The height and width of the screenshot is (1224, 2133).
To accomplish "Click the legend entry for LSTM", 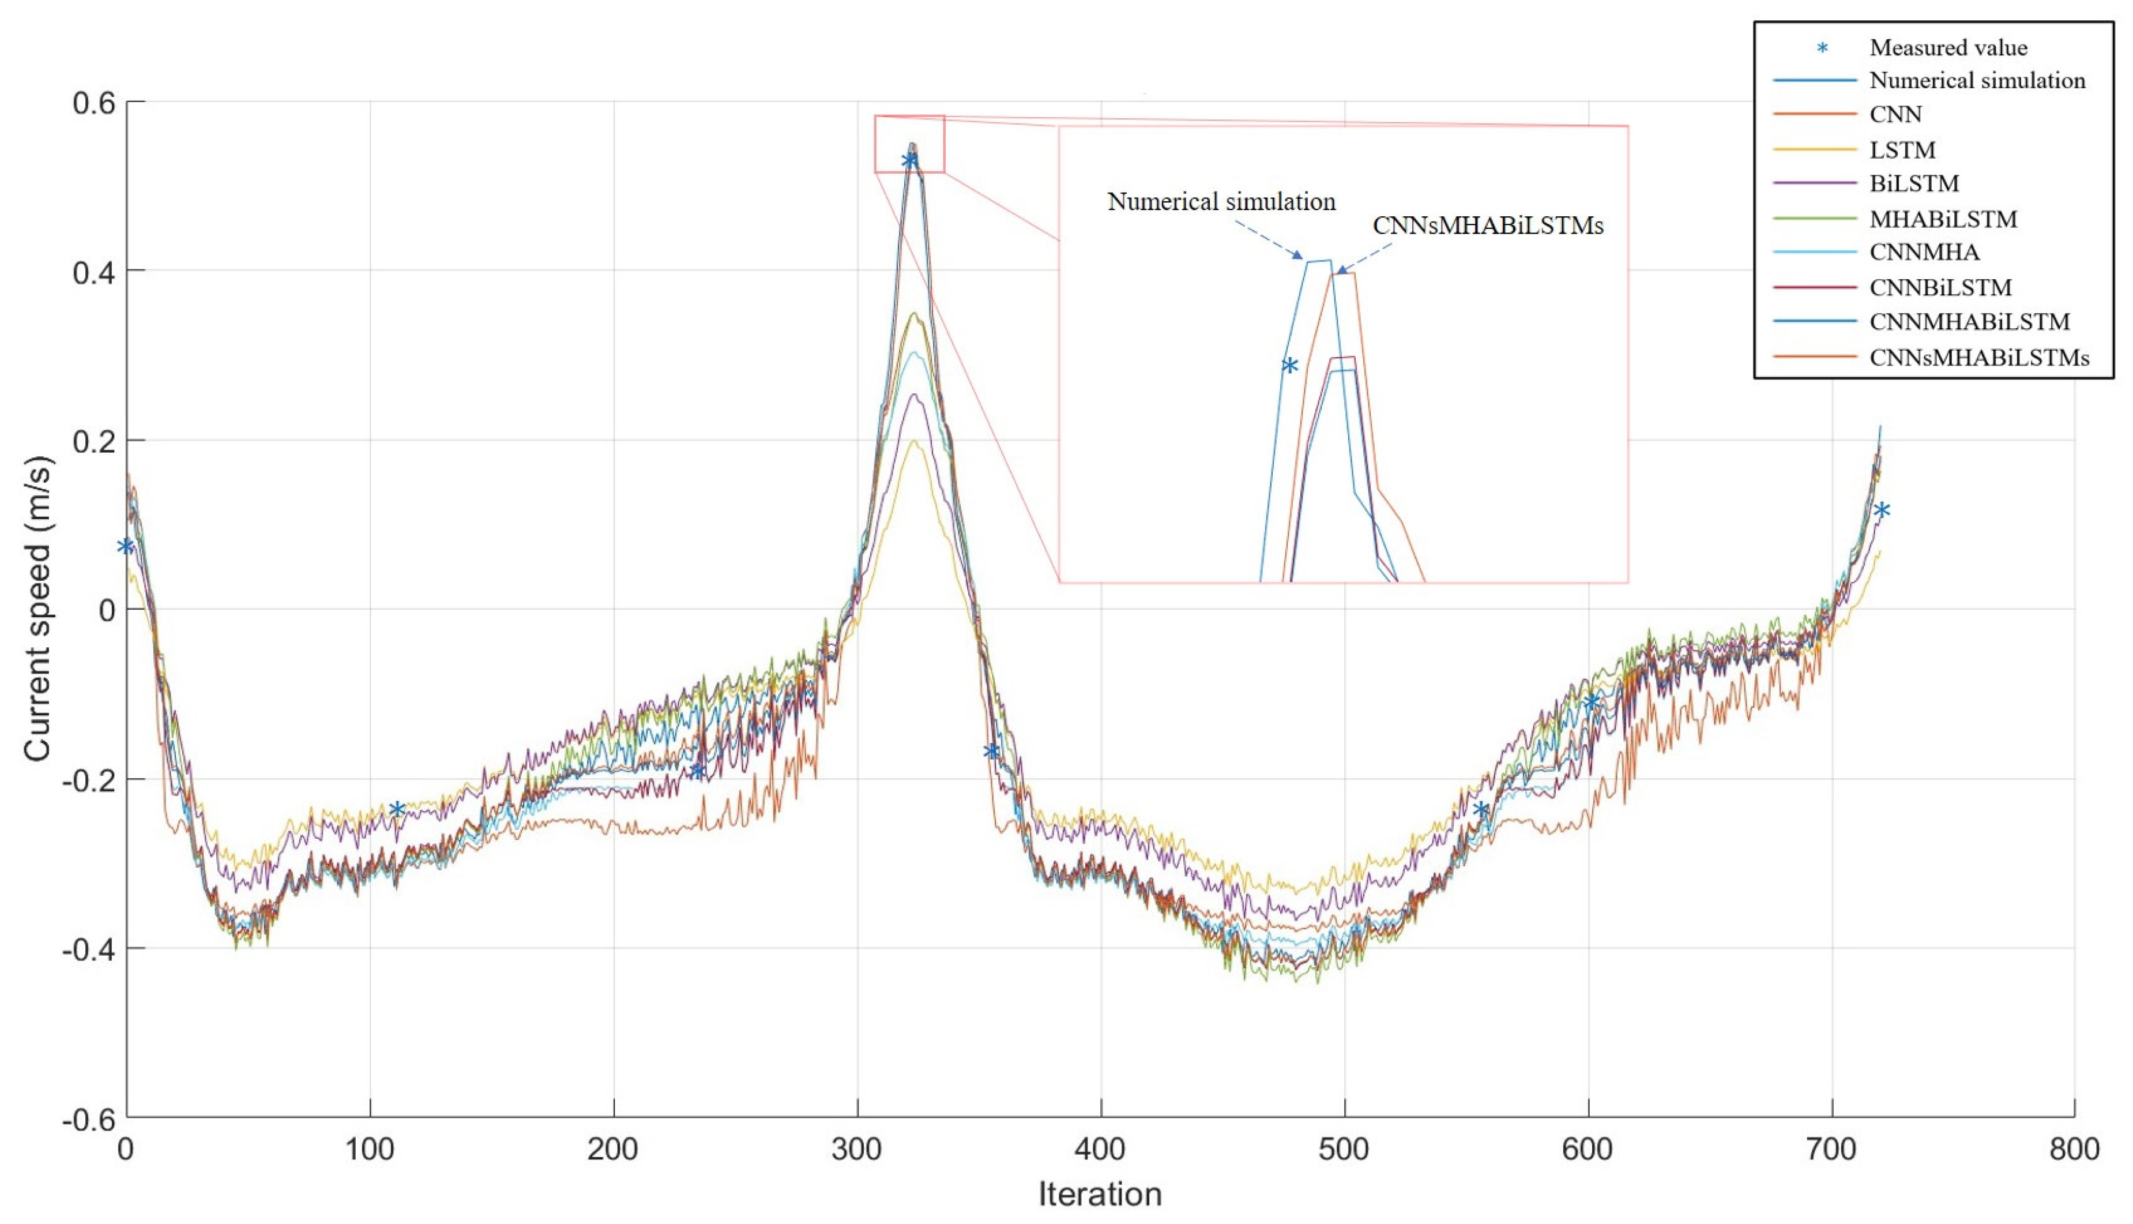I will click(1902, 149).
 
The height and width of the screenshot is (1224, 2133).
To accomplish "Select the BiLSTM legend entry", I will click(1914, 183).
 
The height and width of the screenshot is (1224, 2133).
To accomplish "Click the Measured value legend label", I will click(1947, 48).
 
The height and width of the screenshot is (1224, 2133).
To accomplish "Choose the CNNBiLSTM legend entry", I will click(1940, 287).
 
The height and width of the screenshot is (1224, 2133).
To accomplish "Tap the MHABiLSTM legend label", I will click(1942, 219).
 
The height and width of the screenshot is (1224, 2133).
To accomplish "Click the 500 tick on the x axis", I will click(1343, 1149).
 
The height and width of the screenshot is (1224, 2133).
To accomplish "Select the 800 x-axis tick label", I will click(2074, 1149).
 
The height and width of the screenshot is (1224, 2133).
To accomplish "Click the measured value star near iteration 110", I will click(397, 809).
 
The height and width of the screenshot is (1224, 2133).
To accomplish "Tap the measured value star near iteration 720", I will click(1882, 509).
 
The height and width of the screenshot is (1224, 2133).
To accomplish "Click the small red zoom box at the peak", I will click(909, 144).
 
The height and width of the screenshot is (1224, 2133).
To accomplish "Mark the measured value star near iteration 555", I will click(1480, 809).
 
